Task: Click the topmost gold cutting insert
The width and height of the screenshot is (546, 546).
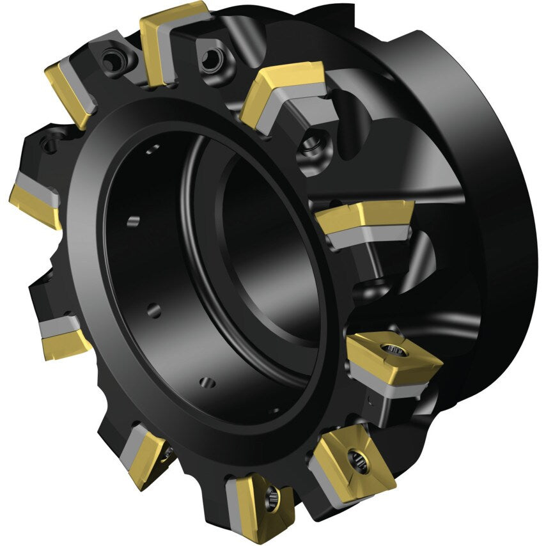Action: [x=171, y=32]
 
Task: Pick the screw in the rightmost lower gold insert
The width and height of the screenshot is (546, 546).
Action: [x=390, y=349]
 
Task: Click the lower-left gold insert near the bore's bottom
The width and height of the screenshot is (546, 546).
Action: [x=145, y=455]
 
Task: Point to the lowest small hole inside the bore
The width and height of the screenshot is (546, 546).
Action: [x=208, y=383]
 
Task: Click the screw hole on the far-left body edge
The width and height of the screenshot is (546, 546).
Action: [x=51, y=141]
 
